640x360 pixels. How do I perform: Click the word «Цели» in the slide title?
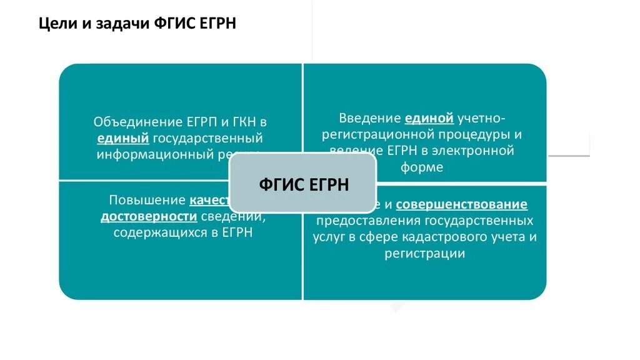tap(52, 24)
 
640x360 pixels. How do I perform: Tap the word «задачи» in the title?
tap(107, 24)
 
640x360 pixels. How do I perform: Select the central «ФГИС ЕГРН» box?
tap(303, 185)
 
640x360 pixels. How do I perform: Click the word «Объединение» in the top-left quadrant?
tap(130, 122)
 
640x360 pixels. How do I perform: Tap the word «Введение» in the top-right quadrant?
tap(369, 118)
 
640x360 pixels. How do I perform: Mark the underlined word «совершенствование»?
tap(461, 204)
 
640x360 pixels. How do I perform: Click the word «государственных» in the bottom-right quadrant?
tap(479, 221)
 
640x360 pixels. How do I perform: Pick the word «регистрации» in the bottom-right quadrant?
tap(424, 253)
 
